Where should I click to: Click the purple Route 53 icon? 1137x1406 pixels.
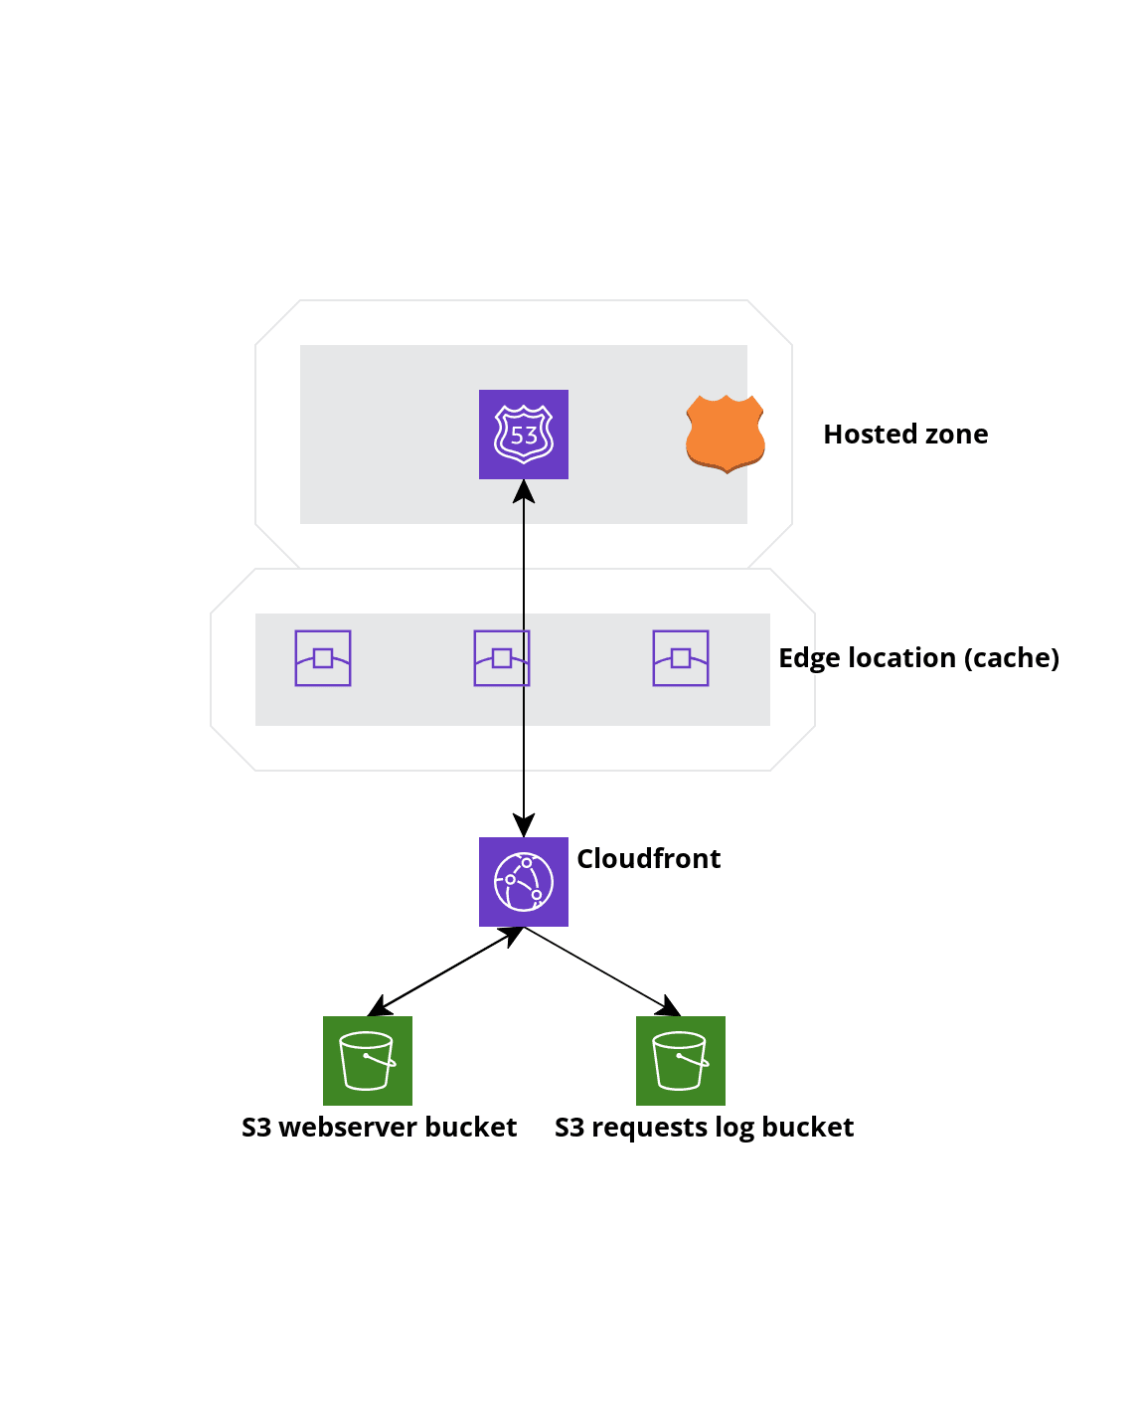click(x=524, y=435)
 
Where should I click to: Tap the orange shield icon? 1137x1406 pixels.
click(x=726, y=434)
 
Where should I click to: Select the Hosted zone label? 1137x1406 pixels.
click(x=905, y=435)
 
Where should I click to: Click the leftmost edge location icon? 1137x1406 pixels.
click(x=323, y=658)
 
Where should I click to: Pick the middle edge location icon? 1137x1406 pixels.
click(x=502, y=658)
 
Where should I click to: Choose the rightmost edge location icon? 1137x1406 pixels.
click(x=681, y=658)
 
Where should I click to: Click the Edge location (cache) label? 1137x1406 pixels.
click(x=918, y=658)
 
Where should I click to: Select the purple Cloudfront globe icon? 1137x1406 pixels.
click(x=524, y=882)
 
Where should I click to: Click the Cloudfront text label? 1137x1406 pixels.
click(x=649, y=859)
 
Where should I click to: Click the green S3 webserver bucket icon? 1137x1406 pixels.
click(x=368, y=1061)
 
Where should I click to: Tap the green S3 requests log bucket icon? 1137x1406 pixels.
click(x=681, y=1061)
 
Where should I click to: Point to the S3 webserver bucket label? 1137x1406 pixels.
click(x=379, y=1128)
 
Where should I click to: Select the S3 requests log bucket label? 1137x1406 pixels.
click(x=704, y=1128)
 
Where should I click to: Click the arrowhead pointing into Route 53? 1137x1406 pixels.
click(x=524, y=491)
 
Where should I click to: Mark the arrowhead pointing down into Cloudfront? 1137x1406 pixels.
click(x=524, y=825)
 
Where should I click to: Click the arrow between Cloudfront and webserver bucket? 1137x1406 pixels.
click(x=445, y=971)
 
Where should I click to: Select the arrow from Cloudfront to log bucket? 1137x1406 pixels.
click(x=602, y=971)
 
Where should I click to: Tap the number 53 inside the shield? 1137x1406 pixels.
click(x=524, y=436)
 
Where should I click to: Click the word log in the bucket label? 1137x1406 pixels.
click(x=734, y=1128)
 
